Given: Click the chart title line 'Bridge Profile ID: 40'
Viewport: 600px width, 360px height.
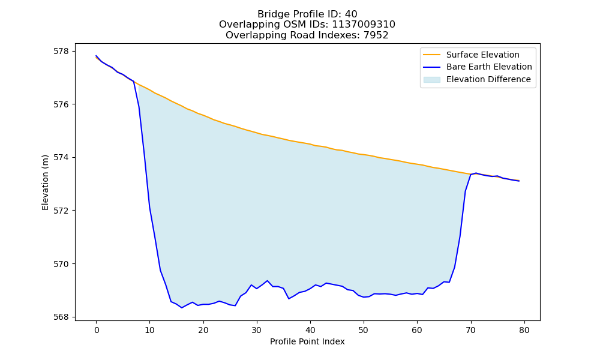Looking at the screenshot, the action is click(307, 14).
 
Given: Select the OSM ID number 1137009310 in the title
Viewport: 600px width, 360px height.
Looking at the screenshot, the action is click(363, 25).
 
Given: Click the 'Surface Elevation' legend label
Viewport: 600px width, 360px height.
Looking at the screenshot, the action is click(482, 55).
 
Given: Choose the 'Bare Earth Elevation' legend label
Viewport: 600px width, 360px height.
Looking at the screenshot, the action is click(489, 67).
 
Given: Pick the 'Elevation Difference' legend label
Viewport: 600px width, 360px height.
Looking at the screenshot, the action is click(488, 79).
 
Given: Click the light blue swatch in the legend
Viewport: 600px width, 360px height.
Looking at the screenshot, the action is click(431, 80).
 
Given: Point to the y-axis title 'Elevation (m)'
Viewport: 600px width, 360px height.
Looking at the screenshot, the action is click(45, 182).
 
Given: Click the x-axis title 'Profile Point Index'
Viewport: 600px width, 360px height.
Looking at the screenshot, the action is click(307, 341).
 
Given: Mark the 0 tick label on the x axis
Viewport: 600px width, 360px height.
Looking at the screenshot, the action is click(97, 330).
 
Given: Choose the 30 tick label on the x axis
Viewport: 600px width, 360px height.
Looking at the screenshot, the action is click(257, 330).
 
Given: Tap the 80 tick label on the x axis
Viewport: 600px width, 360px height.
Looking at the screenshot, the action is click(524, 330).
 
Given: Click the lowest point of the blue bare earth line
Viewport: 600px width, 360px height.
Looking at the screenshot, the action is click(182, 308).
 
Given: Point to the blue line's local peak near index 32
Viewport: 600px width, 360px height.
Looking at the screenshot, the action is click(268, 280).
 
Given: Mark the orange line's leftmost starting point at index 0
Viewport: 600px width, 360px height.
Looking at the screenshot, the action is click(96, 58).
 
